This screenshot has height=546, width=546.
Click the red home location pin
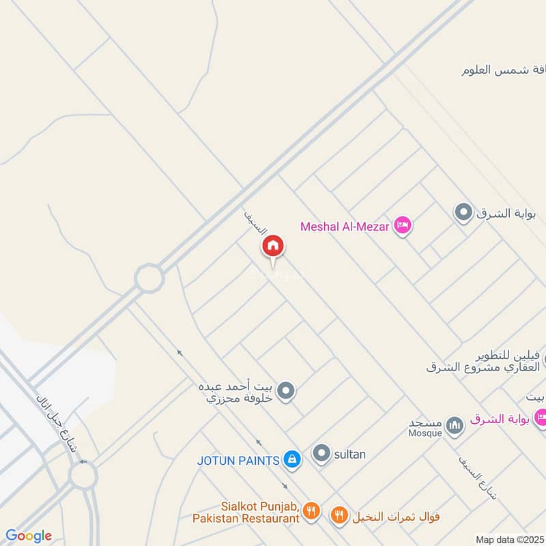[x=273, y=246]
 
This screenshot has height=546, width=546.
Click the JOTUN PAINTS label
[x=238, y=460]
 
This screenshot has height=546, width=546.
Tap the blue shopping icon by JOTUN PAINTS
[x=292, y=459]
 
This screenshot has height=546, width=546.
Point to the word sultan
[x=350, y=453]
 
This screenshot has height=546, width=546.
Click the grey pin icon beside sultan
[x=321, y=452]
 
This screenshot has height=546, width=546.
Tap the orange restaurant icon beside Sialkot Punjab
[x=311, y=510]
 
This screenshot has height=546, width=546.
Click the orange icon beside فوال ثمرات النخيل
[x=339, y=515]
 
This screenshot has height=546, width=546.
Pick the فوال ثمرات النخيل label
[x=397, y=516]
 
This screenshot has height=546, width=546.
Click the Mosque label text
[x=425, y=433]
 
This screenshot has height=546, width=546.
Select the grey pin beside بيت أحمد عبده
[x=287, y=391]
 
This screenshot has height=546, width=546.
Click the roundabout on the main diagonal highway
[x=149, y=278]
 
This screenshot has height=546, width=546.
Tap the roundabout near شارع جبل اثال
[x=83, y=476]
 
